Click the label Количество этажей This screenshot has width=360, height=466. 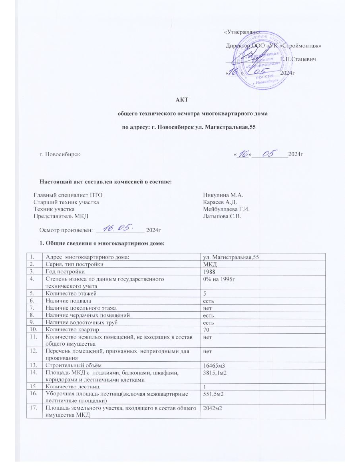coord(71,293)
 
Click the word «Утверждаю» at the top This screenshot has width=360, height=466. coord(243,32)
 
